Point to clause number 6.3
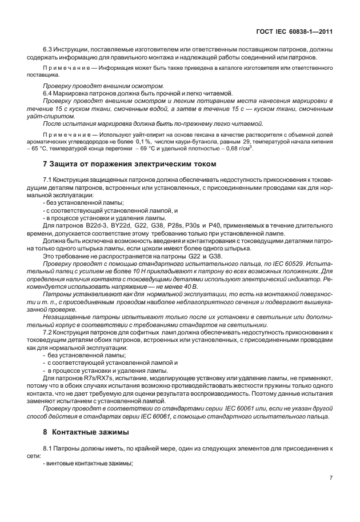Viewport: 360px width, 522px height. click(48, 50)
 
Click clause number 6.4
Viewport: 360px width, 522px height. click(48, 93)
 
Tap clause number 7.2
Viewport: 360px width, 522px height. click(48, 332)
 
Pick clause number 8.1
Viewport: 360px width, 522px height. click(48, 449)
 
